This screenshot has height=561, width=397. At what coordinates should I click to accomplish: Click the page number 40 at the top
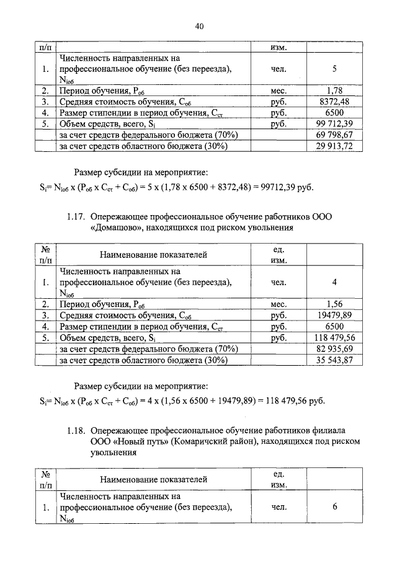[x=198, y=25]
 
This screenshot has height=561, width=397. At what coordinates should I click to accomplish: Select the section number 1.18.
[x=75, y=430]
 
